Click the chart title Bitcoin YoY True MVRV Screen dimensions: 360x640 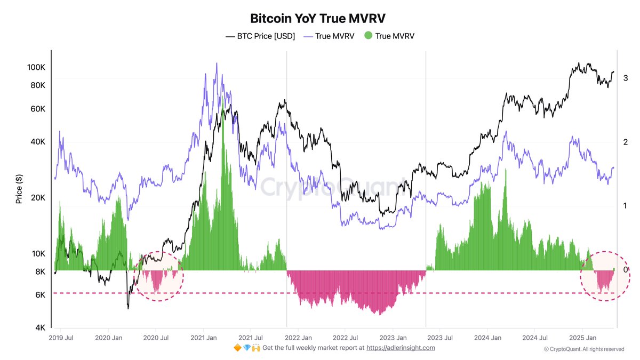click(x=318, y=18)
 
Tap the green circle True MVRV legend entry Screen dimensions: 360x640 click(x=389, y=36)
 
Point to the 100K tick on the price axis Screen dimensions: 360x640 click(x=36, y=68)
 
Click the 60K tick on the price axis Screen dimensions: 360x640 click(x=38, y=109)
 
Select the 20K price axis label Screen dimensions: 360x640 click(x=38, y=198)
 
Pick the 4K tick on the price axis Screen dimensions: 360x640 click(x=40, y=328)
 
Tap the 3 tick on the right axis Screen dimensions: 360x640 click(x=625, y=78)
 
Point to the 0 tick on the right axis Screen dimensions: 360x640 click(x=625, y=270)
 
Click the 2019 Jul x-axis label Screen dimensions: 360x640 click(x=61, y=338)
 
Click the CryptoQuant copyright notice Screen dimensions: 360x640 click(x=584, y=349)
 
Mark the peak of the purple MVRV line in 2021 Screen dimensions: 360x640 click(x=217, y=63)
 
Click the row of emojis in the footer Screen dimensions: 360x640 click(x=247, y=348)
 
